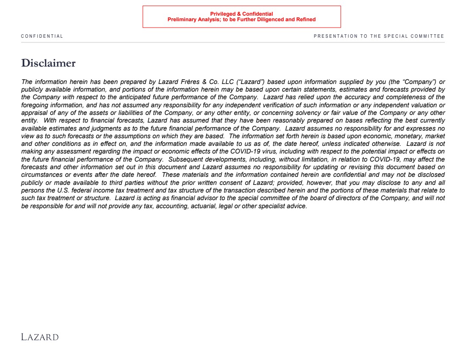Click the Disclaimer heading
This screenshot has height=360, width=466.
point(48,63)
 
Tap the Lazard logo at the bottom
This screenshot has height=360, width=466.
point(40,337)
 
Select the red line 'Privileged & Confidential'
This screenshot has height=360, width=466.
point(241,14)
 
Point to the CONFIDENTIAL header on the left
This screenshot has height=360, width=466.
point(42,36)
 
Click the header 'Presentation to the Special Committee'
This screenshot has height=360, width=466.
point(379,36)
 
